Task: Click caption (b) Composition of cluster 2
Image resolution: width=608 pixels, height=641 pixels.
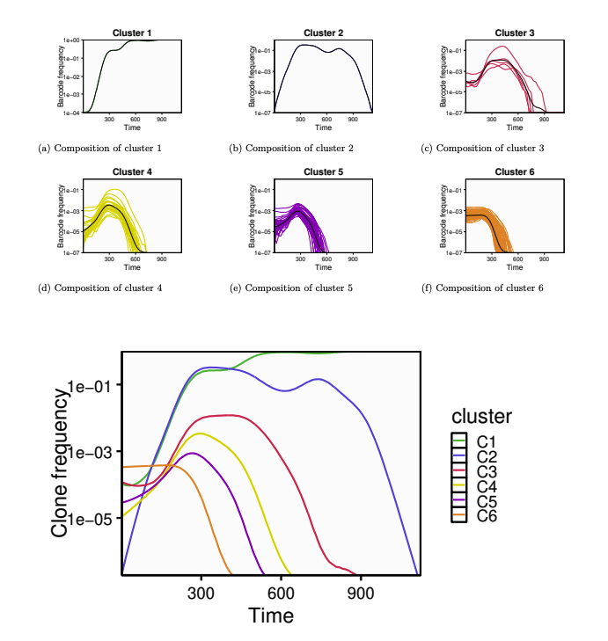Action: click(x=291, y=148)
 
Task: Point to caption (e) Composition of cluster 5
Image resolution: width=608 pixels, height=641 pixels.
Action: click(x=291, y=288)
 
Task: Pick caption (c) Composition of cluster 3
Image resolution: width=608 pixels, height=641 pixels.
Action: click(x=482, y=148)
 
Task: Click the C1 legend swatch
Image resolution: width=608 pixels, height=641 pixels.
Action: click(x=458, y=440)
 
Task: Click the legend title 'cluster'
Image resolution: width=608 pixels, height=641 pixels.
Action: click(x=481, y=416)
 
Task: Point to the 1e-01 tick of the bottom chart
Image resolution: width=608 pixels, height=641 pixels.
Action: click(x=94, y=385)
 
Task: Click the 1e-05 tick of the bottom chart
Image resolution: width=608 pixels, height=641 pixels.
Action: click(x=94, y=519)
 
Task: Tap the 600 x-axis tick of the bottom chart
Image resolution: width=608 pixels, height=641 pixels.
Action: click(x=282, y=594)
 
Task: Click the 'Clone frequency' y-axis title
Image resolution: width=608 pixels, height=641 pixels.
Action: click(x=60, y=463)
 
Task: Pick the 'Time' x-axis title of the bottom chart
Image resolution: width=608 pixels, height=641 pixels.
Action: click(x=270, y=616)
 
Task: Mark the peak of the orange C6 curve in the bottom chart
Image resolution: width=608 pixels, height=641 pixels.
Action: click(x=173, y=465)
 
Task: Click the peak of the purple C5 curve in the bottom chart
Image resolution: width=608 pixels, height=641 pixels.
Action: click(x=192, y=453)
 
